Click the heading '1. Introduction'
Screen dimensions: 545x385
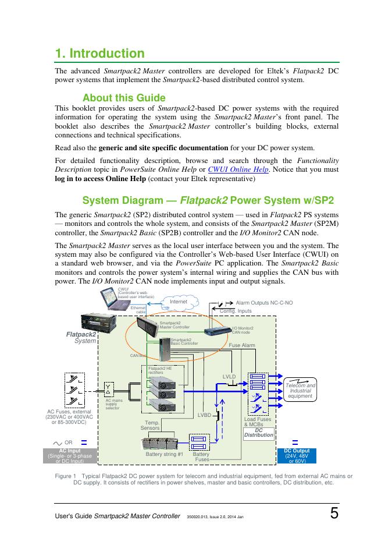point(99,54)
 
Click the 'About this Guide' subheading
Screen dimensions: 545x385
point(124,98)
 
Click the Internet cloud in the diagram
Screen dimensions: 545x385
point(179,302)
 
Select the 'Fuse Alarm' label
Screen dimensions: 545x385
point(242,345)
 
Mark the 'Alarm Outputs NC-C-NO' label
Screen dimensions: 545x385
point(264,303)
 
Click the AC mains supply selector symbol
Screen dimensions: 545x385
point(109,390)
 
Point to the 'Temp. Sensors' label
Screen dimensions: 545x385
point(150,426)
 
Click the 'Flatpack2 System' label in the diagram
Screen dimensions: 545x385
point(82,338)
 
